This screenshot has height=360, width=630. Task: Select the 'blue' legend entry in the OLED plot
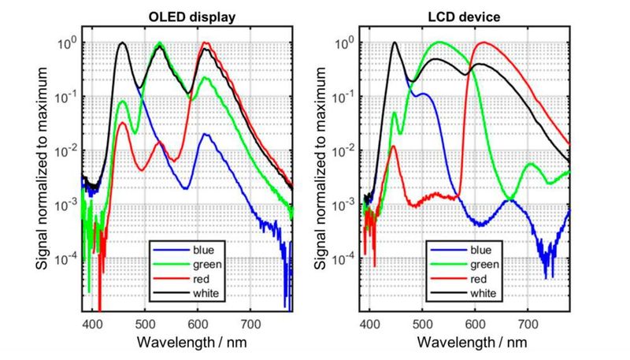click(x=187, y=251)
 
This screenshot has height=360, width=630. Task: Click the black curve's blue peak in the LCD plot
click(x=395, y=43)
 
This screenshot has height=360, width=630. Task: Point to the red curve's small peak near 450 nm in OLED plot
click(x=122, y=123)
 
